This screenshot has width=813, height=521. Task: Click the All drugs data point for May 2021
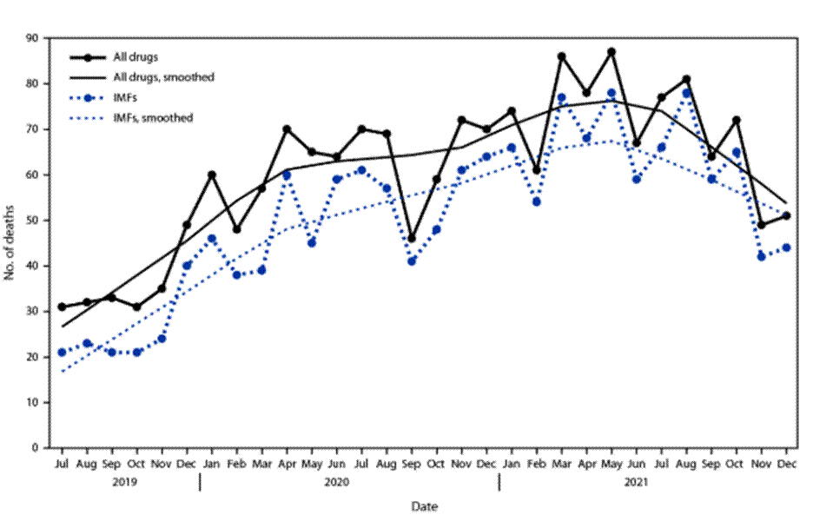pos(611,52)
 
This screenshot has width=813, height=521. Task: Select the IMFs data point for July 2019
pos(62,352)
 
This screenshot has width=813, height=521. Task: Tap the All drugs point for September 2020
pos(412,238)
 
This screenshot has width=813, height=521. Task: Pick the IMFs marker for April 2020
pos(287,175)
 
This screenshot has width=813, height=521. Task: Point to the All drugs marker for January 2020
pos(211,175)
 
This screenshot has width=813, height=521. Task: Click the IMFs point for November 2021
pos(762,256)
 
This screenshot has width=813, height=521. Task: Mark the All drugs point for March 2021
pos(562,56)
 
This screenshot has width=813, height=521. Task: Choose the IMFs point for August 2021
pos(687,93)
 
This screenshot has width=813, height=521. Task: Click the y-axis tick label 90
pos(34,38)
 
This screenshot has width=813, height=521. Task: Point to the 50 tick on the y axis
pos(34,221)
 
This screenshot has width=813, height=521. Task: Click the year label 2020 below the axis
pos(348,480)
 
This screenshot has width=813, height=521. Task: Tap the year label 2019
pos(124,480)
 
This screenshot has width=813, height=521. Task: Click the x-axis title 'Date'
pos(425,505)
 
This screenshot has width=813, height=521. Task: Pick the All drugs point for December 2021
pos(787,215)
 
